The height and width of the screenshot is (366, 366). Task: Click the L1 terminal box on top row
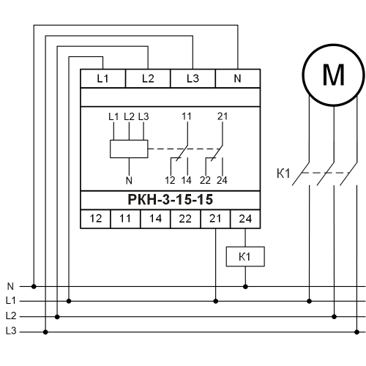(x=102, y=78)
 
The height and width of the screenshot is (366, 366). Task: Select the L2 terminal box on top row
(x=148, y=78)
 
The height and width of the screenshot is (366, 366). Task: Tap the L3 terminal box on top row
(x=193, y=78)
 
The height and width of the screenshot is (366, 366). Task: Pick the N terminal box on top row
(x=238, y=78)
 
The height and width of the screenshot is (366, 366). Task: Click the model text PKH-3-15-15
(x=171, y=200)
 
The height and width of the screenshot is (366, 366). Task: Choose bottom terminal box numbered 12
(x=95, y=219)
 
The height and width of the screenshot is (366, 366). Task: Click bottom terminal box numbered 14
(x=155, y=219)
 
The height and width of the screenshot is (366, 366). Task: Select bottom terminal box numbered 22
(x=185, y=219)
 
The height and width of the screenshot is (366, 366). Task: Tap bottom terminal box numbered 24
(x=245, y=219)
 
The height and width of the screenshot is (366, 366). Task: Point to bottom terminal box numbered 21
(x=215, y=219)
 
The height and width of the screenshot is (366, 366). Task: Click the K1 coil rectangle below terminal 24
(x=245, y=256)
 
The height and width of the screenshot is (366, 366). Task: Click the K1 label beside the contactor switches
(x=283, y=173)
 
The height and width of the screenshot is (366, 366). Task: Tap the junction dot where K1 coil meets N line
(x=245, y=286)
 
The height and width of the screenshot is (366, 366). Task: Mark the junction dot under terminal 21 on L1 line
(x=215, y=301)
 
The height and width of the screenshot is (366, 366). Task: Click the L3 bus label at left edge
(x=11, y=331)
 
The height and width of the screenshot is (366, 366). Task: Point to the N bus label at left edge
(x=10, y=286)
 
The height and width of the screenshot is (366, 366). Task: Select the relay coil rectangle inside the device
(x=129, y=149)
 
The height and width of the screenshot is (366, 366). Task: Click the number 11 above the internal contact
(x=186, y=116)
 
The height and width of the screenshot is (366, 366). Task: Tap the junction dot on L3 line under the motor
(x=356, y=332)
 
